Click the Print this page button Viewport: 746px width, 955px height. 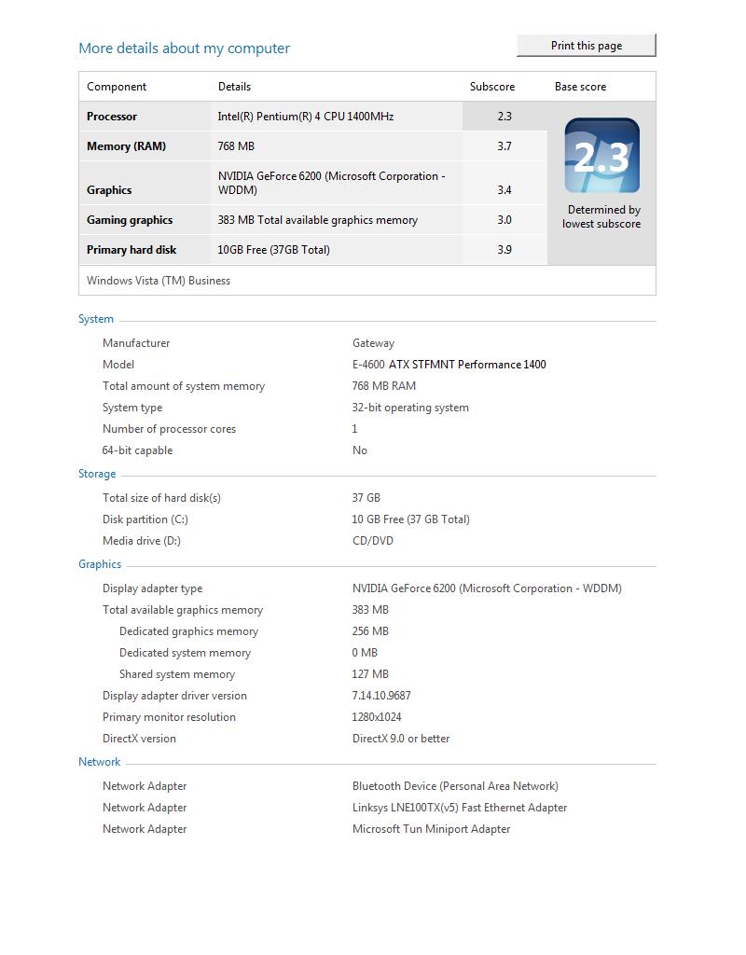pos(587,46)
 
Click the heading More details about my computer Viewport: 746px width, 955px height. pos(184,48)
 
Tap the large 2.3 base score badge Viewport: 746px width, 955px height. pos(601,156)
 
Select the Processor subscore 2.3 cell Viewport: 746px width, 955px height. pos(504,117)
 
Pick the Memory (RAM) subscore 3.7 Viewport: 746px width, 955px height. pos(504,146)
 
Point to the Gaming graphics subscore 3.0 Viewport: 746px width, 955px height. pos(504,220)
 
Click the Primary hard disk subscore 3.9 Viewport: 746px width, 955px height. pos(504,250)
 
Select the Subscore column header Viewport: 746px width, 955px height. pos(491,87)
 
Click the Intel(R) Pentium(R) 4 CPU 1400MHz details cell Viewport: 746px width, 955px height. pos(306,117)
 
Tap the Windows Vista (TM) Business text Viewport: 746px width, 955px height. pos(159,281)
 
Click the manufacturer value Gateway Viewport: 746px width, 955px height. pos(373,343)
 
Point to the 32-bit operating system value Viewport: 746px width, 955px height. pos(410,408)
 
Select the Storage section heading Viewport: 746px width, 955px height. pos(97,474)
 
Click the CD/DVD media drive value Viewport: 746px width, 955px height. pos(372,541)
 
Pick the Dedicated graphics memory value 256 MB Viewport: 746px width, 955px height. pos(370,631)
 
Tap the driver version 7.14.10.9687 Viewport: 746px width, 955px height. pos(381,696)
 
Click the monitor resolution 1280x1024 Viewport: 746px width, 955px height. pos(377,717)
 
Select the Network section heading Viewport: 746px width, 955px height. pos(100,762)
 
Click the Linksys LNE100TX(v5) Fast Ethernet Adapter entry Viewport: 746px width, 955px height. pos(460,808)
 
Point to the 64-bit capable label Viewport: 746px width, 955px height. pos(137,450)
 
